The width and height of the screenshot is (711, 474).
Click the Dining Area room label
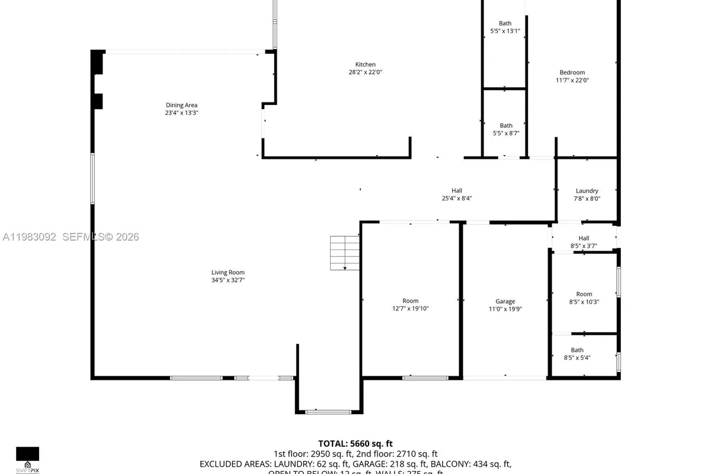[181, 105]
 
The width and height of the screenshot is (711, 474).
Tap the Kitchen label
[365, 65]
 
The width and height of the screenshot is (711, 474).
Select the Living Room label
[228, 273]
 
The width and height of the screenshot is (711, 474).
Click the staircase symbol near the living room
[345, 252]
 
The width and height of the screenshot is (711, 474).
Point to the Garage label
[505, 301]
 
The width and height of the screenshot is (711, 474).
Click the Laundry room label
[587, 191]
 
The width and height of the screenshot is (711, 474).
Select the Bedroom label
[572, 73]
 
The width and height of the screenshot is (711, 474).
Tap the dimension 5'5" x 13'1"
[505, 31]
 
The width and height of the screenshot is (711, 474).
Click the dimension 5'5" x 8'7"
[505, 133]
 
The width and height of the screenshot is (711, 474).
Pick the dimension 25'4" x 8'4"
[456, 198]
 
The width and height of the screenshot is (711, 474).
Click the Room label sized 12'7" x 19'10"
[410, 301]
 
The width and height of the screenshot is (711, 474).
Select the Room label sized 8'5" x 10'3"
[584, 294]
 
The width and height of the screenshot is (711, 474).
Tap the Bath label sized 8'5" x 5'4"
[577, 350]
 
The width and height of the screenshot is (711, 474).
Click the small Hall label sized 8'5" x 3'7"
[584, 238]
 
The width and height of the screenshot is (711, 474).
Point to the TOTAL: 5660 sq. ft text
[355, 443]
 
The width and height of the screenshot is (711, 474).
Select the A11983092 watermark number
[30, 237]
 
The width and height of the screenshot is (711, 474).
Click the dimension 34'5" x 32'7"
[228, 280]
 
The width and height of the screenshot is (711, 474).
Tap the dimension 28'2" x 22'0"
[365, 72]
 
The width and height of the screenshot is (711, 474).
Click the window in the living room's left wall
[92, 178]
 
